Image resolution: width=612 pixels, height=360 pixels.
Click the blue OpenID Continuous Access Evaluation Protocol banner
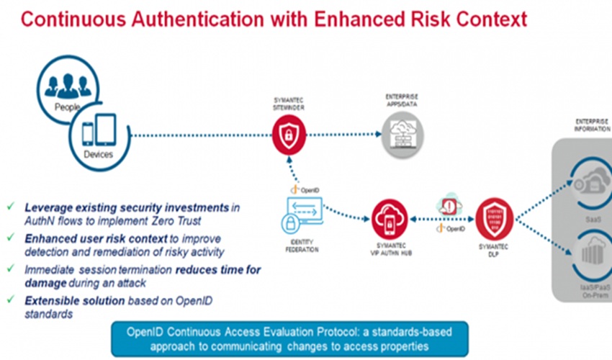click(x=289, y=338)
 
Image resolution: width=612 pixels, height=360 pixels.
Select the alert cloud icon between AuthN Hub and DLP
click(x=449, y=206)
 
